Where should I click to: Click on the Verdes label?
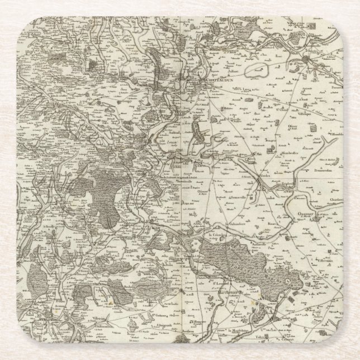(x=263, y=177)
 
